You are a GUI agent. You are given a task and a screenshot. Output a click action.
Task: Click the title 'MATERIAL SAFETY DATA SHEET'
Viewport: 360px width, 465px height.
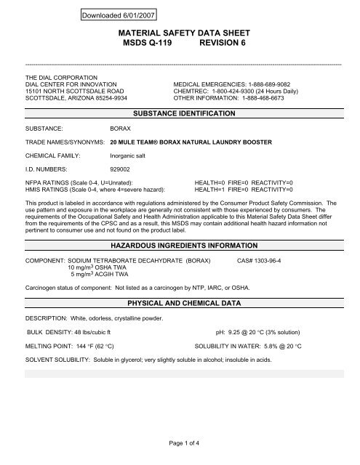coord(179,33)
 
